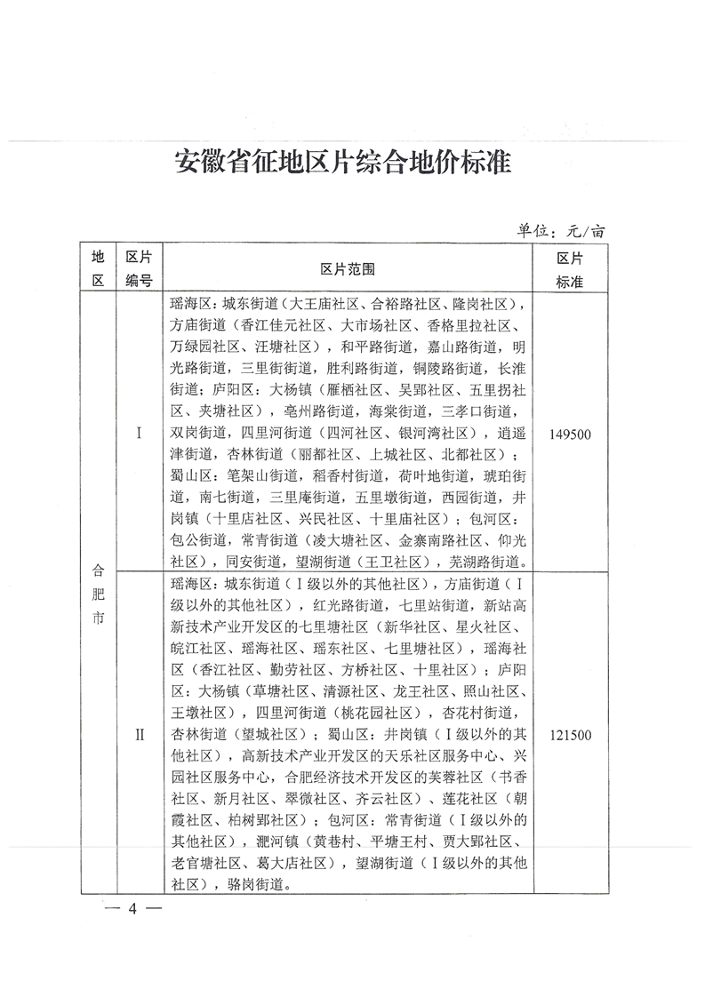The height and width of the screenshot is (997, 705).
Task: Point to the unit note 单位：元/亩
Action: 561,230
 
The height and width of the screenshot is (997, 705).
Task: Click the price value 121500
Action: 569,735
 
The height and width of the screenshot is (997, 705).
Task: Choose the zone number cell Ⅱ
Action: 138,735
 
